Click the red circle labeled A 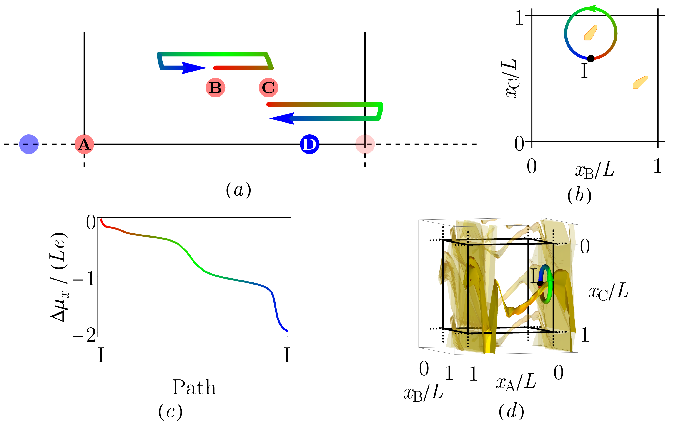(84, 144)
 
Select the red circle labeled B (216, 88)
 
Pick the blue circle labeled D (309, 144)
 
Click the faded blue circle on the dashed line (29, 144)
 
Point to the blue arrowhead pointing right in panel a (194, 68)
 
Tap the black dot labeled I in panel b (591, 59)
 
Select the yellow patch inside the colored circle (591, 33)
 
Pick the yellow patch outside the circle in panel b (640, 82)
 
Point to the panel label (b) (579, 196)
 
